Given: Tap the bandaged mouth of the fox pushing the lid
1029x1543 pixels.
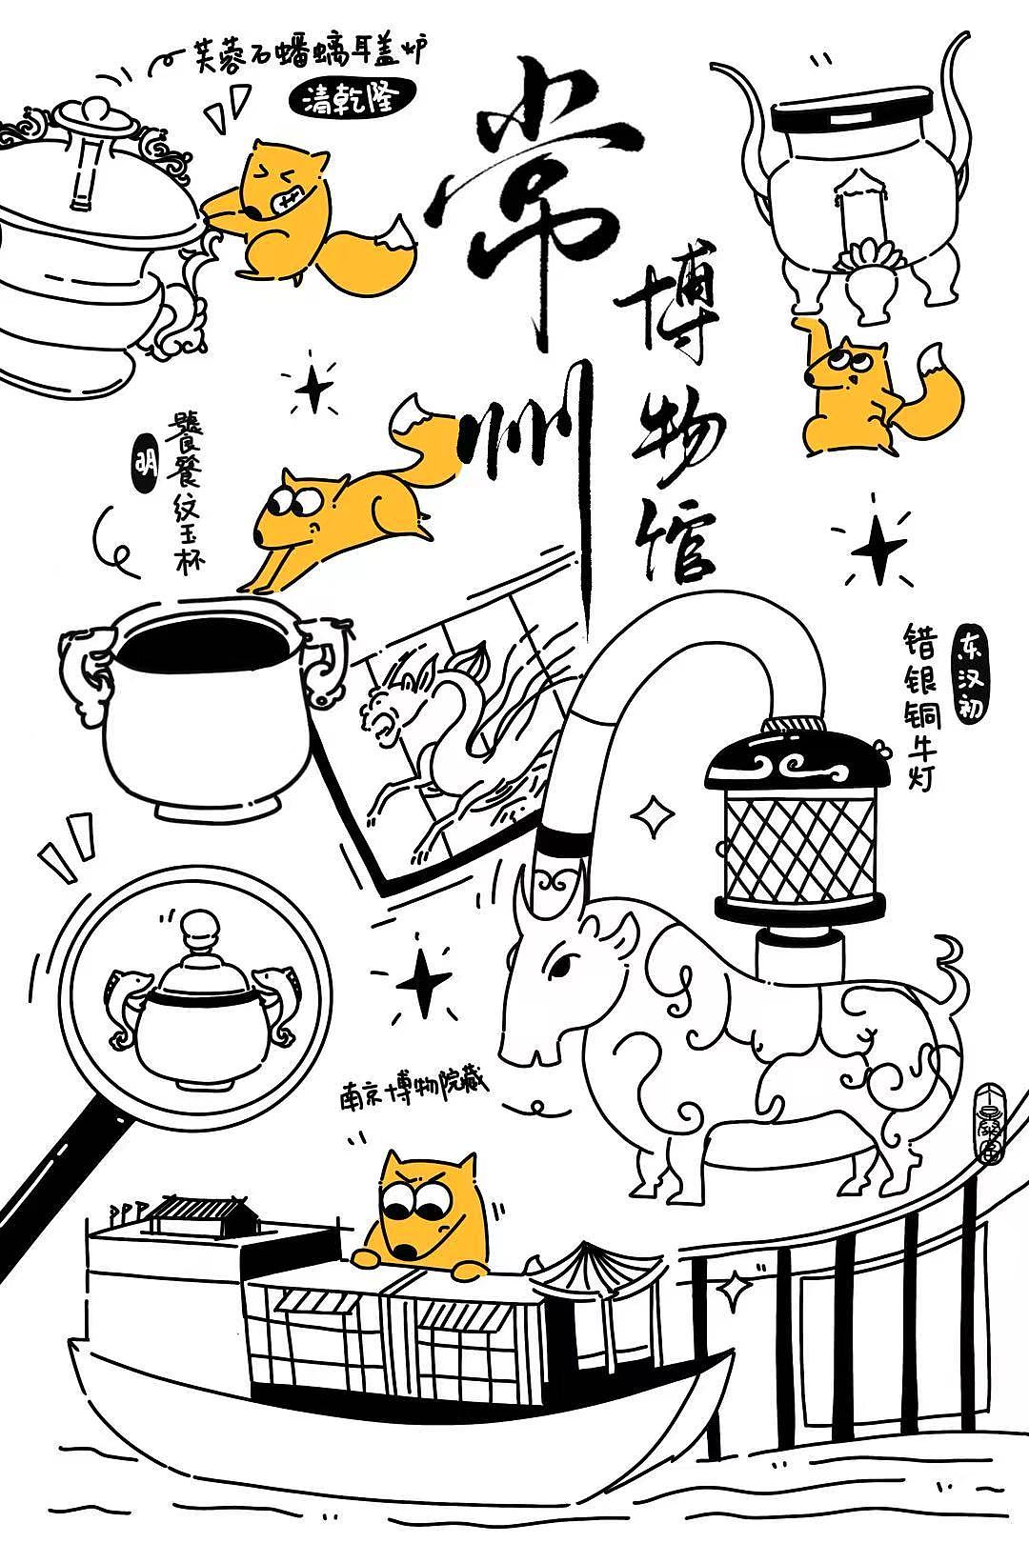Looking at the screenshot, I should point(288,203).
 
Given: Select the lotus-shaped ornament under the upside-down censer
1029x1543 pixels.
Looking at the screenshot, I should point(868,257).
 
